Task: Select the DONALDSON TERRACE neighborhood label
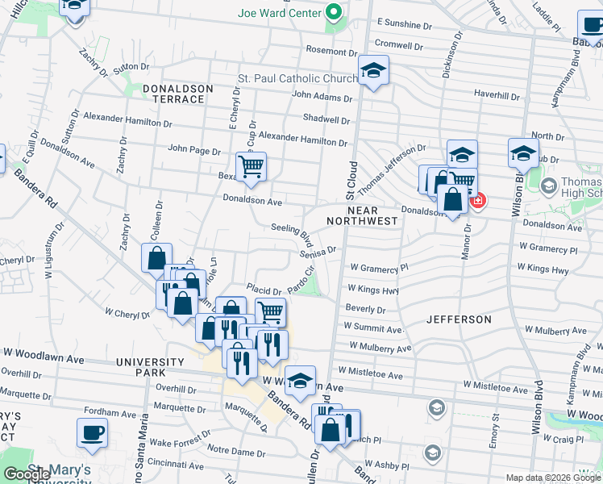pos(177,94)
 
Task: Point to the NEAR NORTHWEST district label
pos(363,215)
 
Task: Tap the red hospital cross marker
pos(476,198)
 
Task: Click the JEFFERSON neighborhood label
pos(459,319)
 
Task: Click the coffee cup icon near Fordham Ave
pos(92,432)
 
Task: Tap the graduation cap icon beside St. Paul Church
pos(373,71)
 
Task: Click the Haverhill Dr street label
pos(497,95)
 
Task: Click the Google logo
pos(27,474)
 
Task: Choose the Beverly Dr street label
pos(365,309)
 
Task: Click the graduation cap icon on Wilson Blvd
pos(522,153)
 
